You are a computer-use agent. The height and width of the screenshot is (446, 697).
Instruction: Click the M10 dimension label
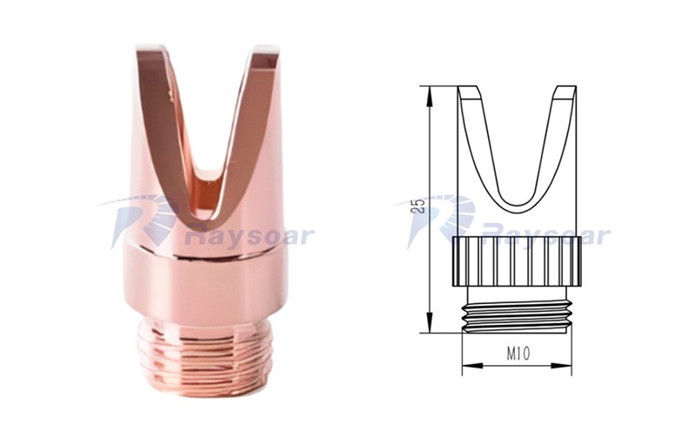coord(518,354)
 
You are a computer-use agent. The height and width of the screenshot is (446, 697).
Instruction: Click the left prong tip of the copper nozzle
coord(151,48)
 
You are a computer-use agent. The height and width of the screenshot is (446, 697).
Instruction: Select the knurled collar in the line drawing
coord(517,261)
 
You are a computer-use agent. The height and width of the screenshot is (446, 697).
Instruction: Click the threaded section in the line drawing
coord(517,317)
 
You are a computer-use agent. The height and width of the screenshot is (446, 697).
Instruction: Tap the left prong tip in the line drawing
coord(469,91)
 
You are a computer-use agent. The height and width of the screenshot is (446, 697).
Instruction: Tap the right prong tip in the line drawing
coord(565,91)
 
